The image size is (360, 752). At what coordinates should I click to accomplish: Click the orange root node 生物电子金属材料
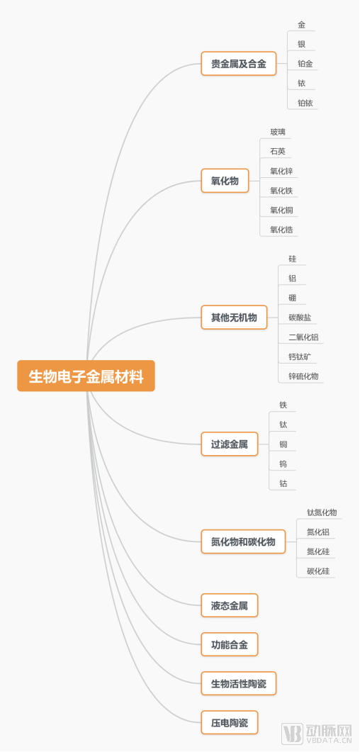[86, 376]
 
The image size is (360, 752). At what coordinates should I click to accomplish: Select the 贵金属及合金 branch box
[238, 64]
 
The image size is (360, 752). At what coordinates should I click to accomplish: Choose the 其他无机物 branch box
[234, 317]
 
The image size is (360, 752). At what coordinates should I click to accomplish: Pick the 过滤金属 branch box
[229, 444]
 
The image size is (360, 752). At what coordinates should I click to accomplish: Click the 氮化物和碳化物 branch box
[243, 542]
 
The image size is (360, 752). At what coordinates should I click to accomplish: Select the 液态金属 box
[229, 606]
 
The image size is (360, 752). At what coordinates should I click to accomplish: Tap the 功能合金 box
[229, 645]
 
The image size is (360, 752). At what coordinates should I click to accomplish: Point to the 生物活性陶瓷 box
[238, 684]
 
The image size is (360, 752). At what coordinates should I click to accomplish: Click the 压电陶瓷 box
[229, 723]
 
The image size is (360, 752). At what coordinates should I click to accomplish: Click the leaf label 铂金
[305, 64]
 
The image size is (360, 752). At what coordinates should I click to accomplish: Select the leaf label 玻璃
[278, 132]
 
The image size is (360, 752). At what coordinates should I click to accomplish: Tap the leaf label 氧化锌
[281, 171]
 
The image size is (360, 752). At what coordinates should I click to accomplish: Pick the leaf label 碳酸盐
[300, 318]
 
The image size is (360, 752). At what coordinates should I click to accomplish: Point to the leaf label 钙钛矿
[299, 357]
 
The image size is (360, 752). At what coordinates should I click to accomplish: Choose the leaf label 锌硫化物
[303, 376]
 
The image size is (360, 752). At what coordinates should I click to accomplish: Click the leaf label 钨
[283, 464]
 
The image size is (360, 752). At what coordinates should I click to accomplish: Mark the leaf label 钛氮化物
[322, 512]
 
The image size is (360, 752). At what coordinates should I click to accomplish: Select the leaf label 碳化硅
[318, 571]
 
